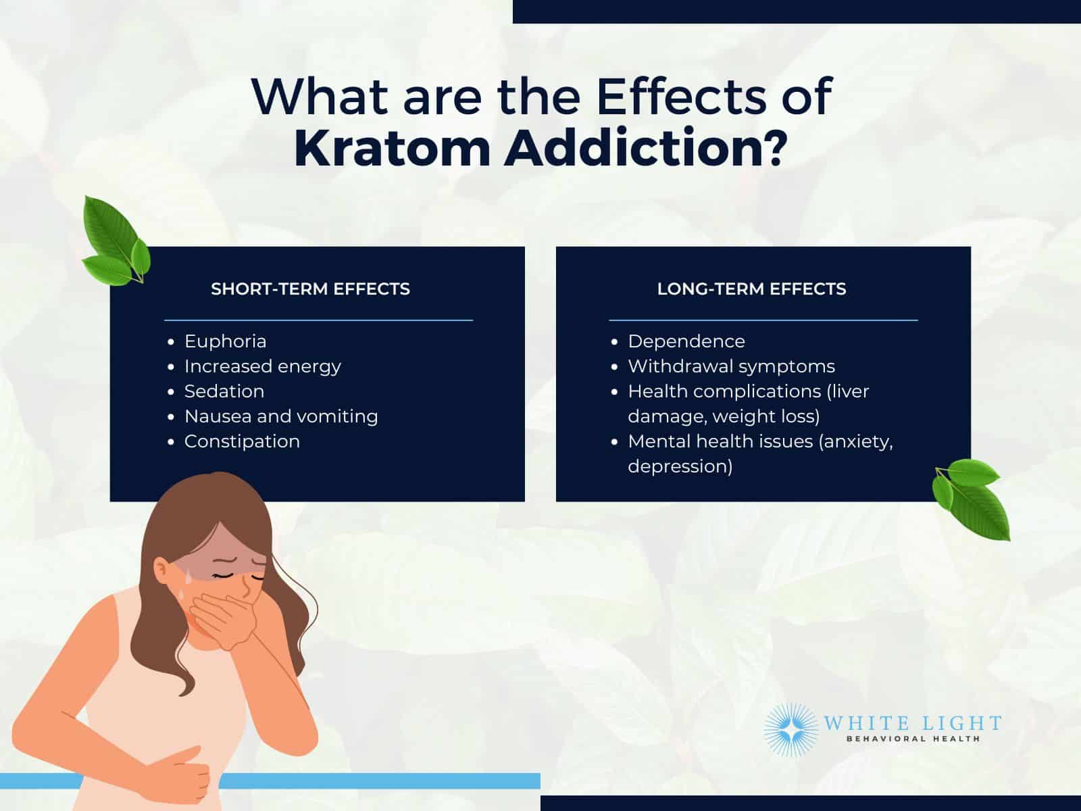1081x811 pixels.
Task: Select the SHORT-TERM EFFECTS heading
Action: click(x=310, y=289)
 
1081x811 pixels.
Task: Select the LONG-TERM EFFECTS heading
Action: click(x=751, y=289)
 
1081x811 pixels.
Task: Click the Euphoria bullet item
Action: click(x=225, y=341)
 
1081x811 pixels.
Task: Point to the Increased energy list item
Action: click(x=263, y=367)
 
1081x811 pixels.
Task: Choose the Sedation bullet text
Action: click(x=224, y=391)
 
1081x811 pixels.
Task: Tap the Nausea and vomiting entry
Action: click(x=281, y=416)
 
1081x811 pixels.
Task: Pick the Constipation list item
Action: click(x=242, y=442)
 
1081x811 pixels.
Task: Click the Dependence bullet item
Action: click(x=686, y=342)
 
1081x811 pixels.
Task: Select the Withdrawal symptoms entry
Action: click(x=731, y=367)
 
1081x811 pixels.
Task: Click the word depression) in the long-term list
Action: click(x=680, y=467)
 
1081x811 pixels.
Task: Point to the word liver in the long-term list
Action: click(x=847, y=391)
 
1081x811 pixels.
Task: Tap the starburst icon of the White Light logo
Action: click(x=791, y=730)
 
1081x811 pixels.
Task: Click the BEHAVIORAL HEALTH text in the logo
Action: click(x=913, y=739)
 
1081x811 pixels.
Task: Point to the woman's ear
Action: click(x=162, y=571)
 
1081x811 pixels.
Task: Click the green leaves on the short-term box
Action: click(x=116, y=241)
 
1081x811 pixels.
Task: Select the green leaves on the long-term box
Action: click(x=970, y=498)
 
